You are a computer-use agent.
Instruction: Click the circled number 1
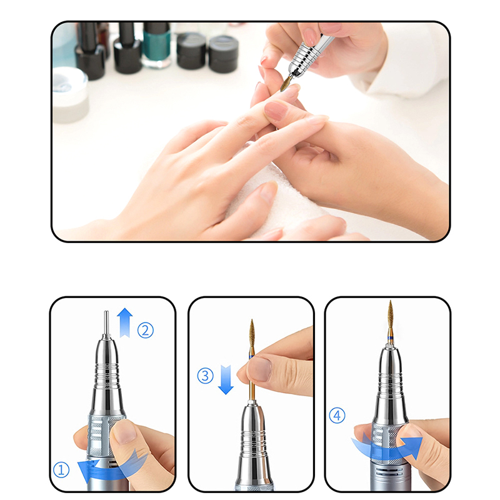pos(61,470)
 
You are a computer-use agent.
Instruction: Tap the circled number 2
pos(146,331)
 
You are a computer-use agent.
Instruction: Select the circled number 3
pos(206,376)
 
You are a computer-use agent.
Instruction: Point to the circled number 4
pos(337,416)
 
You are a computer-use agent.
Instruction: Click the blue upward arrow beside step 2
pos(124,322)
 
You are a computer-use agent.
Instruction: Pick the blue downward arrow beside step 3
pos(226,380)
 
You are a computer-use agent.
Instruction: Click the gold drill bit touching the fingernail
pos(286,84)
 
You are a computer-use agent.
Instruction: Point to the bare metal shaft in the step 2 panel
pos(106,322)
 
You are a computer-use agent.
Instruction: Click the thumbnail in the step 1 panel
pos(123,432)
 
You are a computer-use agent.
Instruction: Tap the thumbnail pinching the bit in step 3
pos(260,369)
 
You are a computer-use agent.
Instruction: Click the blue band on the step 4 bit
pos(390,337)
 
